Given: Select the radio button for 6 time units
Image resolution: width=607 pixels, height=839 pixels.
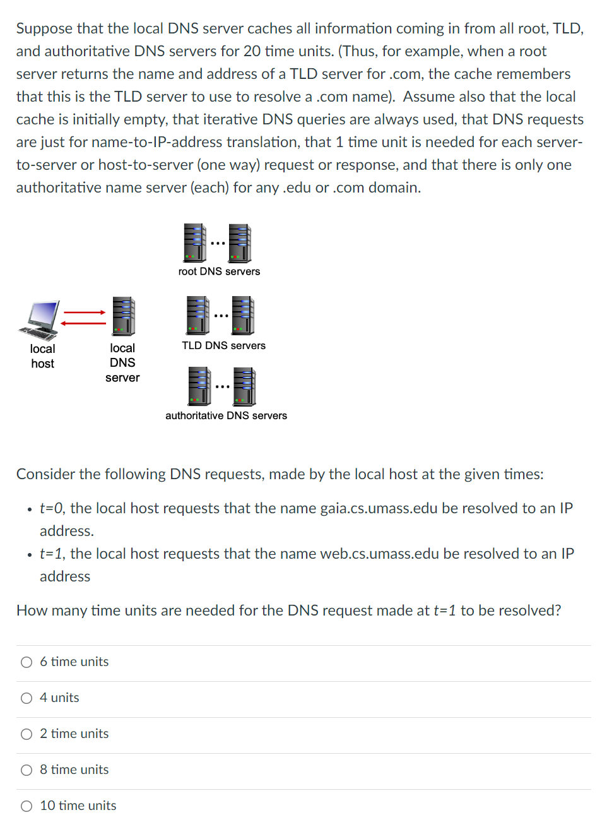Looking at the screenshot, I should [27, 662].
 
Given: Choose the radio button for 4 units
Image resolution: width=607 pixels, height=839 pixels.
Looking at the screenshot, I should [27, 698].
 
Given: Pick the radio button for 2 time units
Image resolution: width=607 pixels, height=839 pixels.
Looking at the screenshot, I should [27, 734].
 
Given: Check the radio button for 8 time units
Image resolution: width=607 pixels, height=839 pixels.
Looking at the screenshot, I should [27, 770].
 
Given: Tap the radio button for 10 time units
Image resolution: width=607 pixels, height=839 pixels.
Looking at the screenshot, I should [27, 806].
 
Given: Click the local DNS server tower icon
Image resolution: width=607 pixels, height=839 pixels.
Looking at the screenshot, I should [124, 316].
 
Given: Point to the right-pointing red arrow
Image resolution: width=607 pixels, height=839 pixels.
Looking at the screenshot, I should [85, 312].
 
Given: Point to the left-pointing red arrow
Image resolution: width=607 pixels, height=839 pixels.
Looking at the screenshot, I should [83, 323].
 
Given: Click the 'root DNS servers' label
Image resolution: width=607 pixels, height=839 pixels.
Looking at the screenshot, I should [219, 271].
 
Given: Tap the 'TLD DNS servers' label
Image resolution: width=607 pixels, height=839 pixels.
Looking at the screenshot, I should [223, 346].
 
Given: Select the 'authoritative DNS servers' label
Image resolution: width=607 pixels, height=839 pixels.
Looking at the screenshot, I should [226, 416].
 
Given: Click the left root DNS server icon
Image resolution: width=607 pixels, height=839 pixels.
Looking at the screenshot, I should [195, 242].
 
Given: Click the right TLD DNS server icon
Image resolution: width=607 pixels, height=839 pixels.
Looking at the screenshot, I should [243, 315].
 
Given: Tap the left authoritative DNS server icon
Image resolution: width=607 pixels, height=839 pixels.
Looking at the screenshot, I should [199, 386].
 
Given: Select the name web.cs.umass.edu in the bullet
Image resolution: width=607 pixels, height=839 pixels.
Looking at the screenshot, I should [379, 554].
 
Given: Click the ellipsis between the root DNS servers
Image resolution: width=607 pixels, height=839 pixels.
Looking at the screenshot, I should [218, 243].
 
